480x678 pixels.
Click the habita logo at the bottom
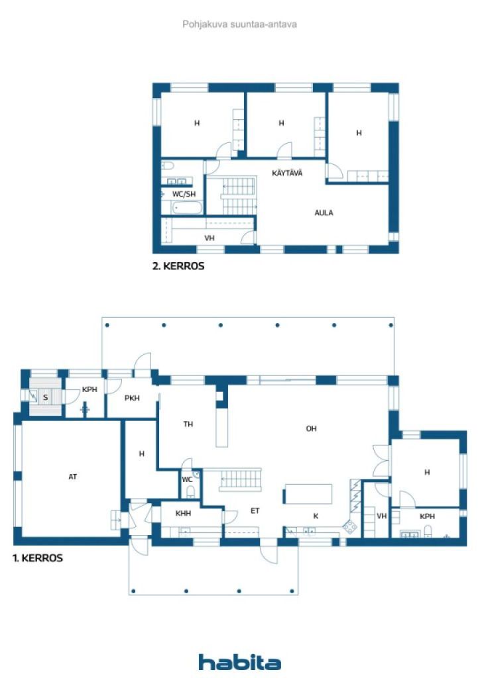pos(239,662)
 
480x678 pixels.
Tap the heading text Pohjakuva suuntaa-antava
pos(239,24)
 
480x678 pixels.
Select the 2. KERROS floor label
pos(178,267)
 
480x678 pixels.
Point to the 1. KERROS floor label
pos(38,558)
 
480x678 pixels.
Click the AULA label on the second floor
pos(324,213)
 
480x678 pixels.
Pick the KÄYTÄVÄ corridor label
pos(287,173)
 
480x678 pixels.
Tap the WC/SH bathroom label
pos(184,194)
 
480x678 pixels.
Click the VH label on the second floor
pos(209,237)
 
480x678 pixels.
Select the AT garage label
pos(73,476)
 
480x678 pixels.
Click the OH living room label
pos(311,428)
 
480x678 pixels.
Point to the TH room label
pos(188,424)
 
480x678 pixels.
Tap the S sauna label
pos(45,398)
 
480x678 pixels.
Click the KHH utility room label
pos(183,513)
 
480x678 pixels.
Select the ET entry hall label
pos(254,510)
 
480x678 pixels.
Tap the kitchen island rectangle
pos(308,494)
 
